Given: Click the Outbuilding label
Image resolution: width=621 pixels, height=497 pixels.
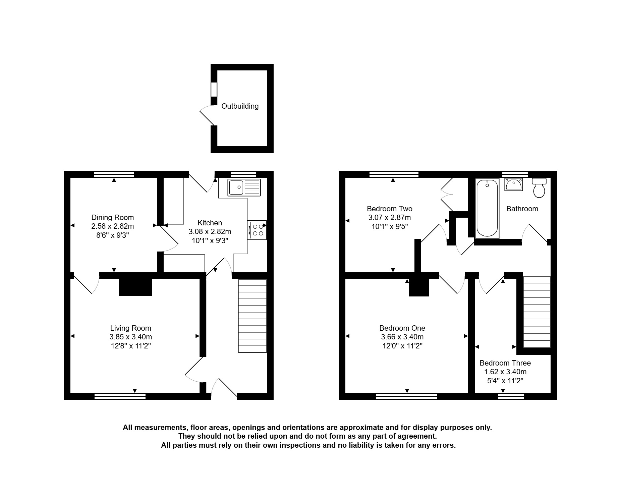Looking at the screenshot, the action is [x=240, y=106].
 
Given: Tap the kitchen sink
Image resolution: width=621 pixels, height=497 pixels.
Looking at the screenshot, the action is [x=244, y=187].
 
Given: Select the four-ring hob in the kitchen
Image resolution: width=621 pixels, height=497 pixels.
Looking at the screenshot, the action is [x=257, y=230].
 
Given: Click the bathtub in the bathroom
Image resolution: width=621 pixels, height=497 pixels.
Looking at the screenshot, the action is [x=487, y=208].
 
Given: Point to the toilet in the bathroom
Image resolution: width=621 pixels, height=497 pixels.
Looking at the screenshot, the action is [x=539, y=187].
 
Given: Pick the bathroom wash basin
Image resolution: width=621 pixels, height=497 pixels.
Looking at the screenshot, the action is [x=513, y=184].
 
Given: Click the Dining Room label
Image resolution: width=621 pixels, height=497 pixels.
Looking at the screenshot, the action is [x=113, y=217].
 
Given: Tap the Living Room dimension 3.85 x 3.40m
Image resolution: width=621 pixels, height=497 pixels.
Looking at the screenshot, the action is [x=131, y=337].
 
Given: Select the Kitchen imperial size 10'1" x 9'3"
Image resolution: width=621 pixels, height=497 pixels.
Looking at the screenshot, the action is [x=210, y=240].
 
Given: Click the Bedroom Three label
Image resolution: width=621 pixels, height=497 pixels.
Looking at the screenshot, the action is [x=505, y=363].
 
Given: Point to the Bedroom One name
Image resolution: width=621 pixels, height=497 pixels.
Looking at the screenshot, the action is [x=402, y=328].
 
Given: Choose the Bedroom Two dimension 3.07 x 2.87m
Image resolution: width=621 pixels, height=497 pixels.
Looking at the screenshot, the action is [x=390, y=217].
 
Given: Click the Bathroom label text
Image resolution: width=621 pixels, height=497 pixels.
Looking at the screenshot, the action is [x=522, y=209].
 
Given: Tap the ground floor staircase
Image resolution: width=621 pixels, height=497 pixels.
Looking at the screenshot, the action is [x=252, y=316].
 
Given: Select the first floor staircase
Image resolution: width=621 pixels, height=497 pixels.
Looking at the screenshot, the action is [x=537, y=312].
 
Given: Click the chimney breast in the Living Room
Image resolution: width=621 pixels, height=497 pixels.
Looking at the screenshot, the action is [x=135, y=287].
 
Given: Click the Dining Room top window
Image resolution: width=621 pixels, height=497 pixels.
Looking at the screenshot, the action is [x=114, y=174].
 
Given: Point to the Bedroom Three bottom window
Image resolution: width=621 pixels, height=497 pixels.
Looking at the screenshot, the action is [x=511, y=396].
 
